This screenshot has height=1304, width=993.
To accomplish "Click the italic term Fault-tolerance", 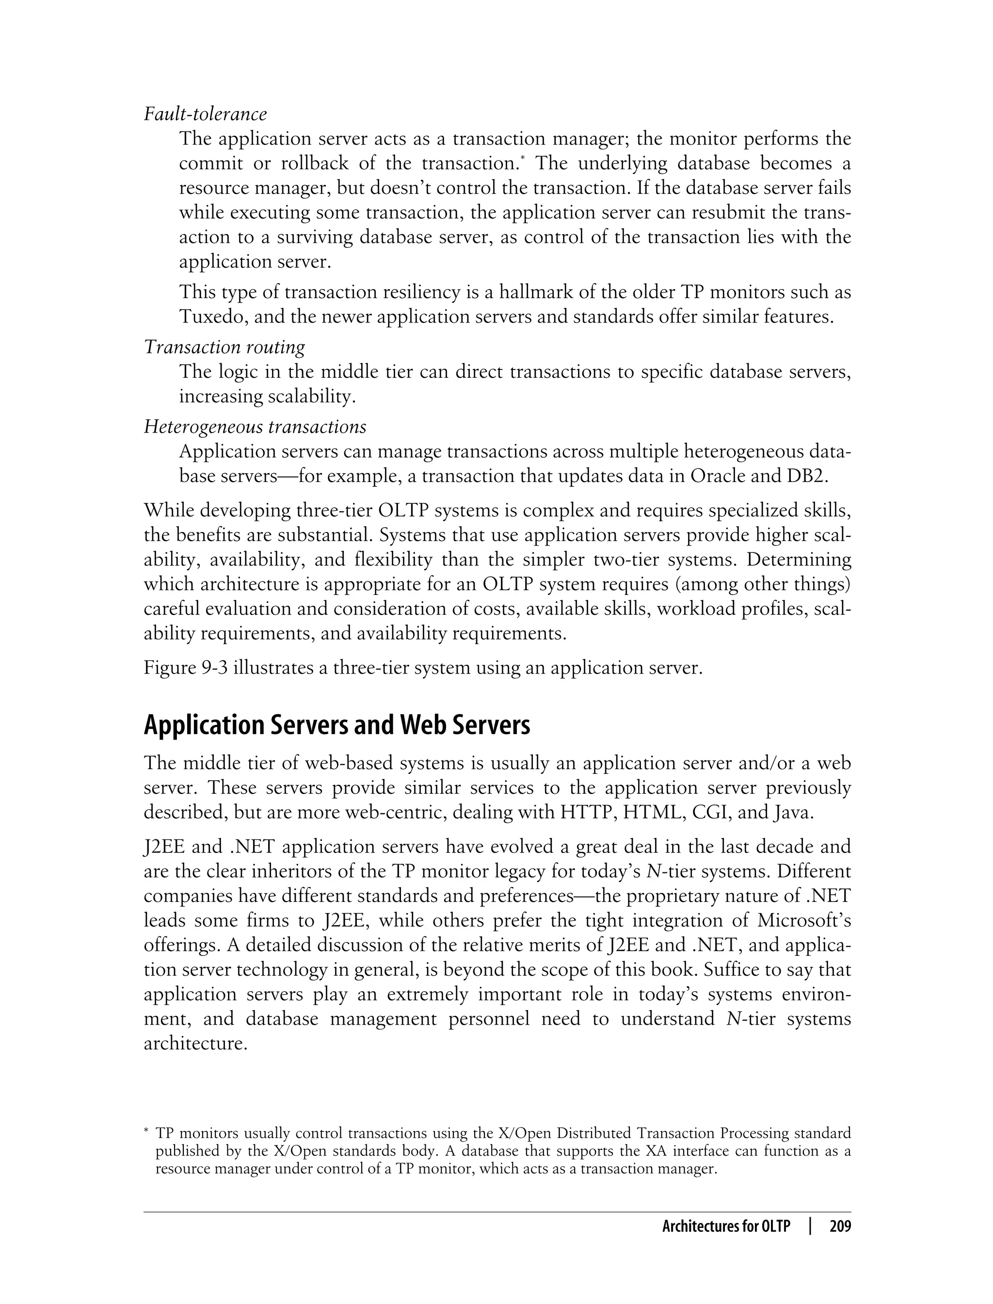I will (x=205, y=113).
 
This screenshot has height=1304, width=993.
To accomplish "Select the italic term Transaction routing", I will (x=224, y=347).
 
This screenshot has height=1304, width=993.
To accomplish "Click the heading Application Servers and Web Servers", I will (x=336, y=725).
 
